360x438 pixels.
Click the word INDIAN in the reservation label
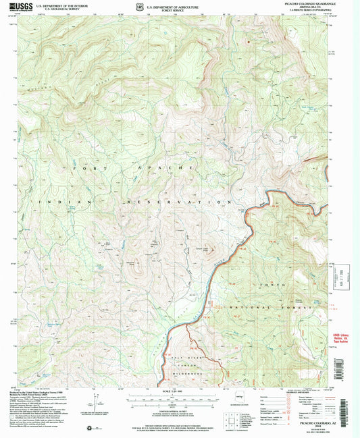click(57, 202)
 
